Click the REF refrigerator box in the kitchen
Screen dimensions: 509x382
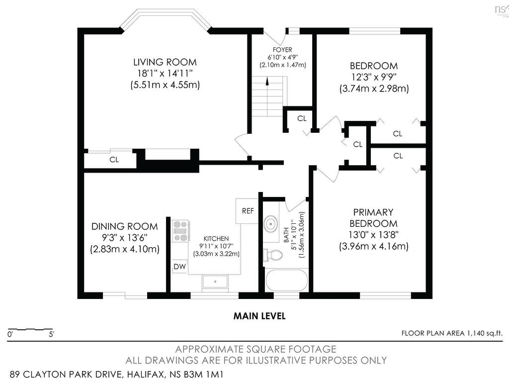coord(248,211)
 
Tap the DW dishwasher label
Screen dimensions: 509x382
coord(179,267)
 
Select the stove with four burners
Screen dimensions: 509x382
coord(181,231)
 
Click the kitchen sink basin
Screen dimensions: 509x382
coord(215,282)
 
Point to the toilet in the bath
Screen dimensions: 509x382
coord(273,255)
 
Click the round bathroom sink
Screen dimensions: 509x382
coord(270,224)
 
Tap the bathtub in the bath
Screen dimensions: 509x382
coord(287,282)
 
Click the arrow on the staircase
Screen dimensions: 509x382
coord(267,81)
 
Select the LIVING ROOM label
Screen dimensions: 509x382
coord(165,62)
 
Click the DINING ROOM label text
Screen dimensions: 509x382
coord(125,226)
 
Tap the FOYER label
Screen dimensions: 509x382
coord(282,50)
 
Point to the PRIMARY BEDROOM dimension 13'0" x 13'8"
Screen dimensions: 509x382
coord(374,235)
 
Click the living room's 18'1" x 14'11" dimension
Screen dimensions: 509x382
coord(165,73)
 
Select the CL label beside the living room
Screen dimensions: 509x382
coord(114,160)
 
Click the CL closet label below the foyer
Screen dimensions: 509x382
coord(302,118)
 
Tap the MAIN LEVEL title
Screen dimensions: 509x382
coord(259,316)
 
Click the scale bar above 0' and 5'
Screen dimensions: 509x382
coord(30,329)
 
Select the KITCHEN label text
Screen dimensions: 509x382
coord(216,238)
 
